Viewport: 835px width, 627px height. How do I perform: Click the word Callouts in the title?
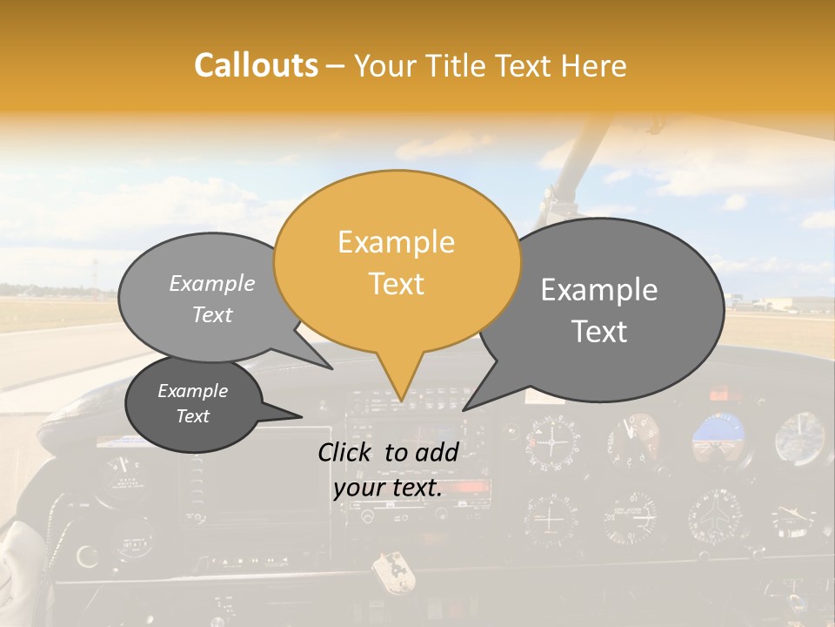[256, 66]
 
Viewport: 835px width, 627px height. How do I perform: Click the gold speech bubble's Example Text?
[397, 263]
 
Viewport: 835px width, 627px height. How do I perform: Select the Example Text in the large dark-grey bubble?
[599, 310]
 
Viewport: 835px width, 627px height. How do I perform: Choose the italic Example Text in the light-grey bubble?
[212, 299]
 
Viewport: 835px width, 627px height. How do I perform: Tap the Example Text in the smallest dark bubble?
[193, 403]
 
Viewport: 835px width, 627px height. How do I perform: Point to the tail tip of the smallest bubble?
[301, 416]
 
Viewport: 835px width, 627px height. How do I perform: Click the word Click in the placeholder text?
[347, 452]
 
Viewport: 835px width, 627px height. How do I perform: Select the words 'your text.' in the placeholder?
[387, 489]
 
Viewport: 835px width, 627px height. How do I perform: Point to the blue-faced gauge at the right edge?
[800, 438]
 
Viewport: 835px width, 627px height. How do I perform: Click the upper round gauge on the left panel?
[123, 476]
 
